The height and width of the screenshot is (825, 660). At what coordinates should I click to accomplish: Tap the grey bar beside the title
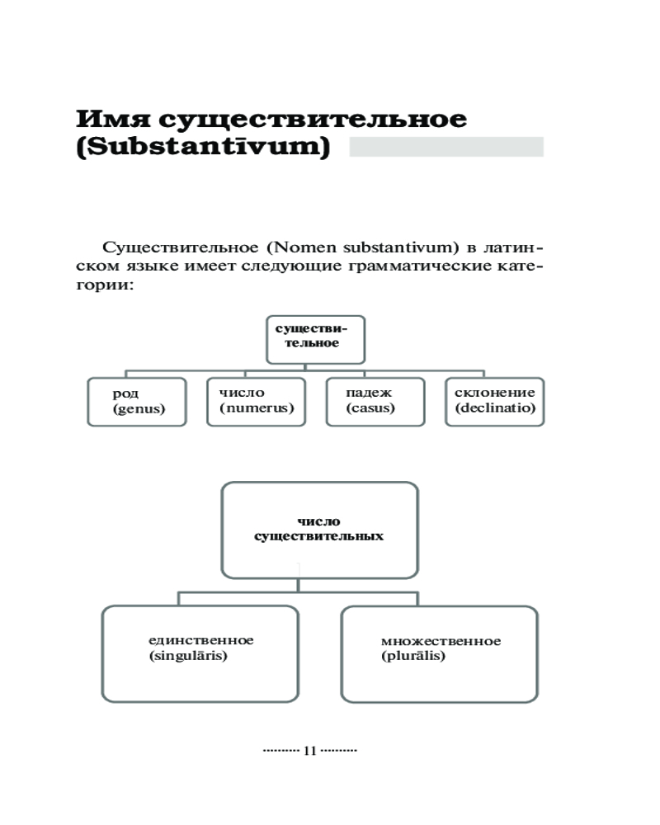[x=446, y=147]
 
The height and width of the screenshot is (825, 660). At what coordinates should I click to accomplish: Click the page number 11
[x=310, y=751]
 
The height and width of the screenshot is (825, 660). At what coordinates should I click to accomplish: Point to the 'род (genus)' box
[x=137, y=402]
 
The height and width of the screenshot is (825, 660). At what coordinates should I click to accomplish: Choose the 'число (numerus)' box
[x=257, y=402]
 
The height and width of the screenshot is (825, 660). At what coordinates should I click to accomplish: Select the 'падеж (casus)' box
[x=375, y=402]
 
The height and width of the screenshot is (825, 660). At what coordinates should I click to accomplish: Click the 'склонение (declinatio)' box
[x=495, y=402]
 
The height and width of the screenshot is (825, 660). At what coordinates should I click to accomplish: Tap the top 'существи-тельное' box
[x=316, y=338]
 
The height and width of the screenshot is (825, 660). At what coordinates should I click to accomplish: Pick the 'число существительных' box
[x=319, y=530]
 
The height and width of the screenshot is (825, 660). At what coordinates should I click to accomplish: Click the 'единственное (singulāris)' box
[x=200, y=653]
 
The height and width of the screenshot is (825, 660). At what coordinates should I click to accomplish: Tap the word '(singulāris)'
[x=187, y=657]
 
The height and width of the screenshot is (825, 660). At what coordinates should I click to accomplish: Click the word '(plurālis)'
[x=413, y=657]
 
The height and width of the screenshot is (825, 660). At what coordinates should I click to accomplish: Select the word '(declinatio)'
[x=494, y=408]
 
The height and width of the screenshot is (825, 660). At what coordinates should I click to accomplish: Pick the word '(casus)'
[x=370, y=408]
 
